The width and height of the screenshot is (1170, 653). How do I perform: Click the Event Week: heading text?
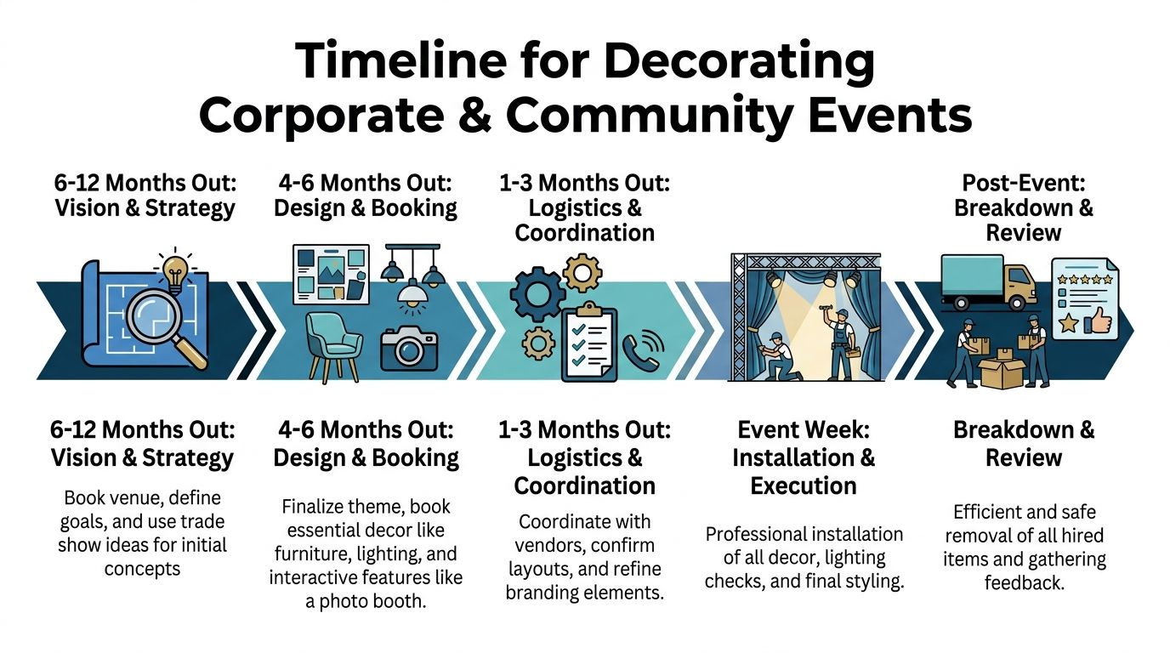(x=803, y=429)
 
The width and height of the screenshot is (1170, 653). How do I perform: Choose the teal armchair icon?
(x=332, y=344)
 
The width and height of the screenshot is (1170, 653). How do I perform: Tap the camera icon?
(x=409, y=347)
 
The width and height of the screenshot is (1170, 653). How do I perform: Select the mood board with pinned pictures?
(x=331, y=274)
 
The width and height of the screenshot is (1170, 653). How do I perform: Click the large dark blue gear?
(x=537, y=294)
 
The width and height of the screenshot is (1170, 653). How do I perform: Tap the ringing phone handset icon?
(x=645, y=350)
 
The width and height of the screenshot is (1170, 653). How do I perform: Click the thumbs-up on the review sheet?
(x=1096, y=321)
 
